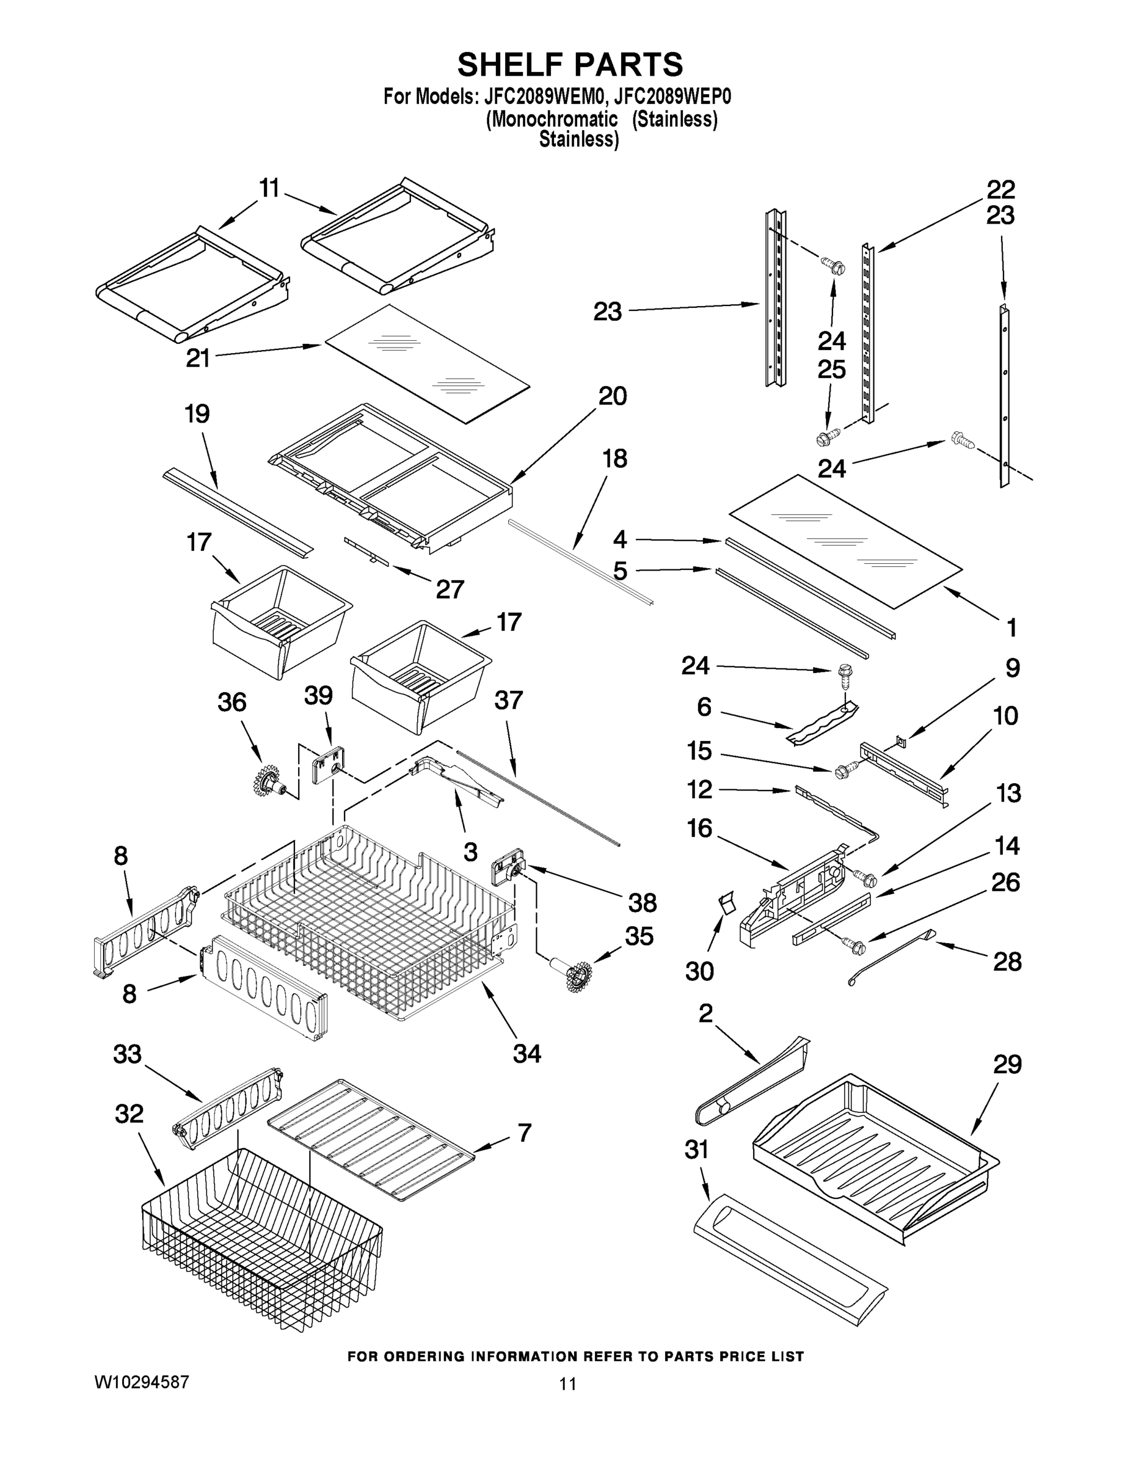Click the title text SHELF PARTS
click(570, 65)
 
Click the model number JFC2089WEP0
click(672, 97)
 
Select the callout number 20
click(612, 396)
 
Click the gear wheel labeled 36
click(269, 781)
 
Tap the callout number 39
click(318, 695)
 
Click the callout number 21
click(199, 358)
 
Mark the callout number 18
click(615, 459)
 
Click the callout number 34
click(527, 1054)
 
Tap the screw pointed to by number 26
click(856, 947)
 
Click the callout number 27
click(450, 589)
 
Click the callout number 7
click(524, 1132)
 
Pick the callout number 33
click(128, 1054)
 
